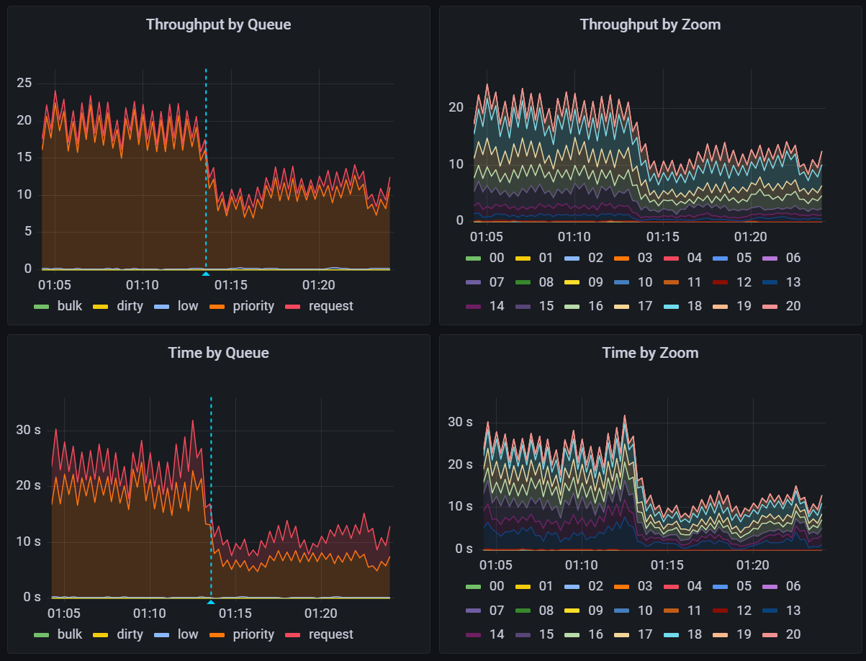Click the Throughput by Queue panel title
coord(218,24)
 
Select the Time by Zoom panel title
coord(650,353)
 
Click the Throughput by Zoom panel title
coord(650,24)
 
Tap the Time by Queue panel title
coord(218,353)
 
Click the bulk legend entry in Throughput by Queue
coord(69,306)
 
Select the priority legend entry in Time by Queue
coord(253,634)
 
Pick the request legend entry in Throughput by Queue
coord(330,306)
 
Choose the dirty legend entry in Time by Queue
coord(130,634)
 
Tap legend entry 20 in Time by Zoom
coord(793,634)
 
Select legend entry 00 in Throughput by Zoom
coord(497,258)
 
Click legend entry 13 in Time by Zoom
coord(793,611)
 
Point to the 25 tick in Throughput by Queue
coord(24,83)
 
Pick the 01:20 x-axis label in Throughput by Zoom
coord(750,237)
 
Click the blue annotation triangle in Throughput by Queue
coord(206,274)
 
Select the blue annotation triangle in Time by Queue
coord(211,602)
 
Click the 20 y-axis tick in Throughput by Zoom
coord(455,107)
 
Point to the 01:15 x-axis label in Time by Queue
coord(235,613)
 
